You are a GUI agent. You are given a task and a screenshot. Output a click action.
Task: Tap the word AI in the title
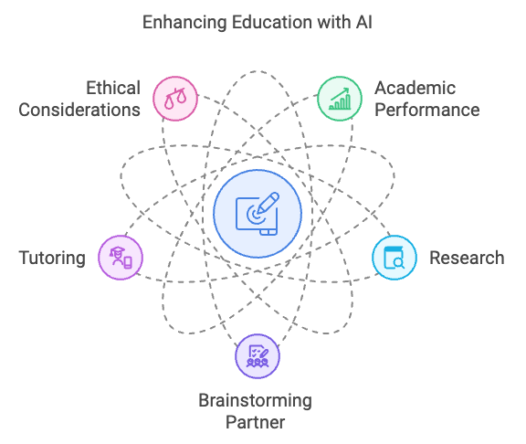coord(363,22)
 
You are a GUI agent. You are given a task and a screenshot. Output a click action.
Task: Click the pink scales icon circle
coord(175,99)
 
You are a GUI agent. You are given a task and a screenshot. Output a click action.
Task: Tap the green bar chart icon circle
coord(340,99)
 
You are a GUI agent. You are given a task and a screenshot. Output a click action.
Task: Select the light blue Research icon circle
coord(394,258)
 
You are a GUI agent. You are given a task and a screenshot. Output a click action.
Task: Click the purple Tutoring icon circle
coord(121,258)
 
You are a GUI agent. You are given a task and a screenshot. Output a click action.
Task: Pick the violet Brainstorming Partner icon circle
coord(258,356)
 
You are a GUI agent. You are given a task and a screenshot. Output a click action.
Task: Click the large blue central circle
coord(258,214)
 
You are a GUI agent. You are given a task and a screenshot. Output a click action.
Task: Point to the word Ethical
coord(113,88)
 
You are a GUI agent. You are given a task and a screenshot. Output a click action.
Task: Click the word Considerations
coord(79,110)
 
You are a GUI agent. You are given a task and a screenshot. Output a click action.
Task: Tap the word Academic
coord(415,88)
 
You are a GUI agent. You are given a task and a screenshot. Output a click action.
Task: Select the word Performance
coord(427,110)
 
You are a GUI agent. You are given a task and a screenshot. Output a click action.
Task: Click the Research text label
coord(467,258)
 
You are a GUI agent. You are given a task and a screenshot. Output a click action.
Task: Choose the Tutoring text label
coord(52,259)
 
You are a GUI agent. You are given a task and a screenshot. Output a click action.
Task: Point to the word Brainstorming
coord(256,401)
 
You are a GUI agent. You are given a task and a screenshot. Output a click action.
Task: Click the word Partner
coord(256,422)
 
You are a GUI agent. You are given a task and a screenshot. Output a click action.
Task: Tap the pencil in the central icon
coord(268,203)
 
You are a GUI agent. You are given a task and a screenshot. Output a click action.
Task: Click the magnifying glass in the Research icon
coord(399,263)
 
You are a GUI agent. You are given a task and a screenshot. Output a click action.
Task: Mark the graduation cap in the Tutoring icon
coord(117,251)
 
